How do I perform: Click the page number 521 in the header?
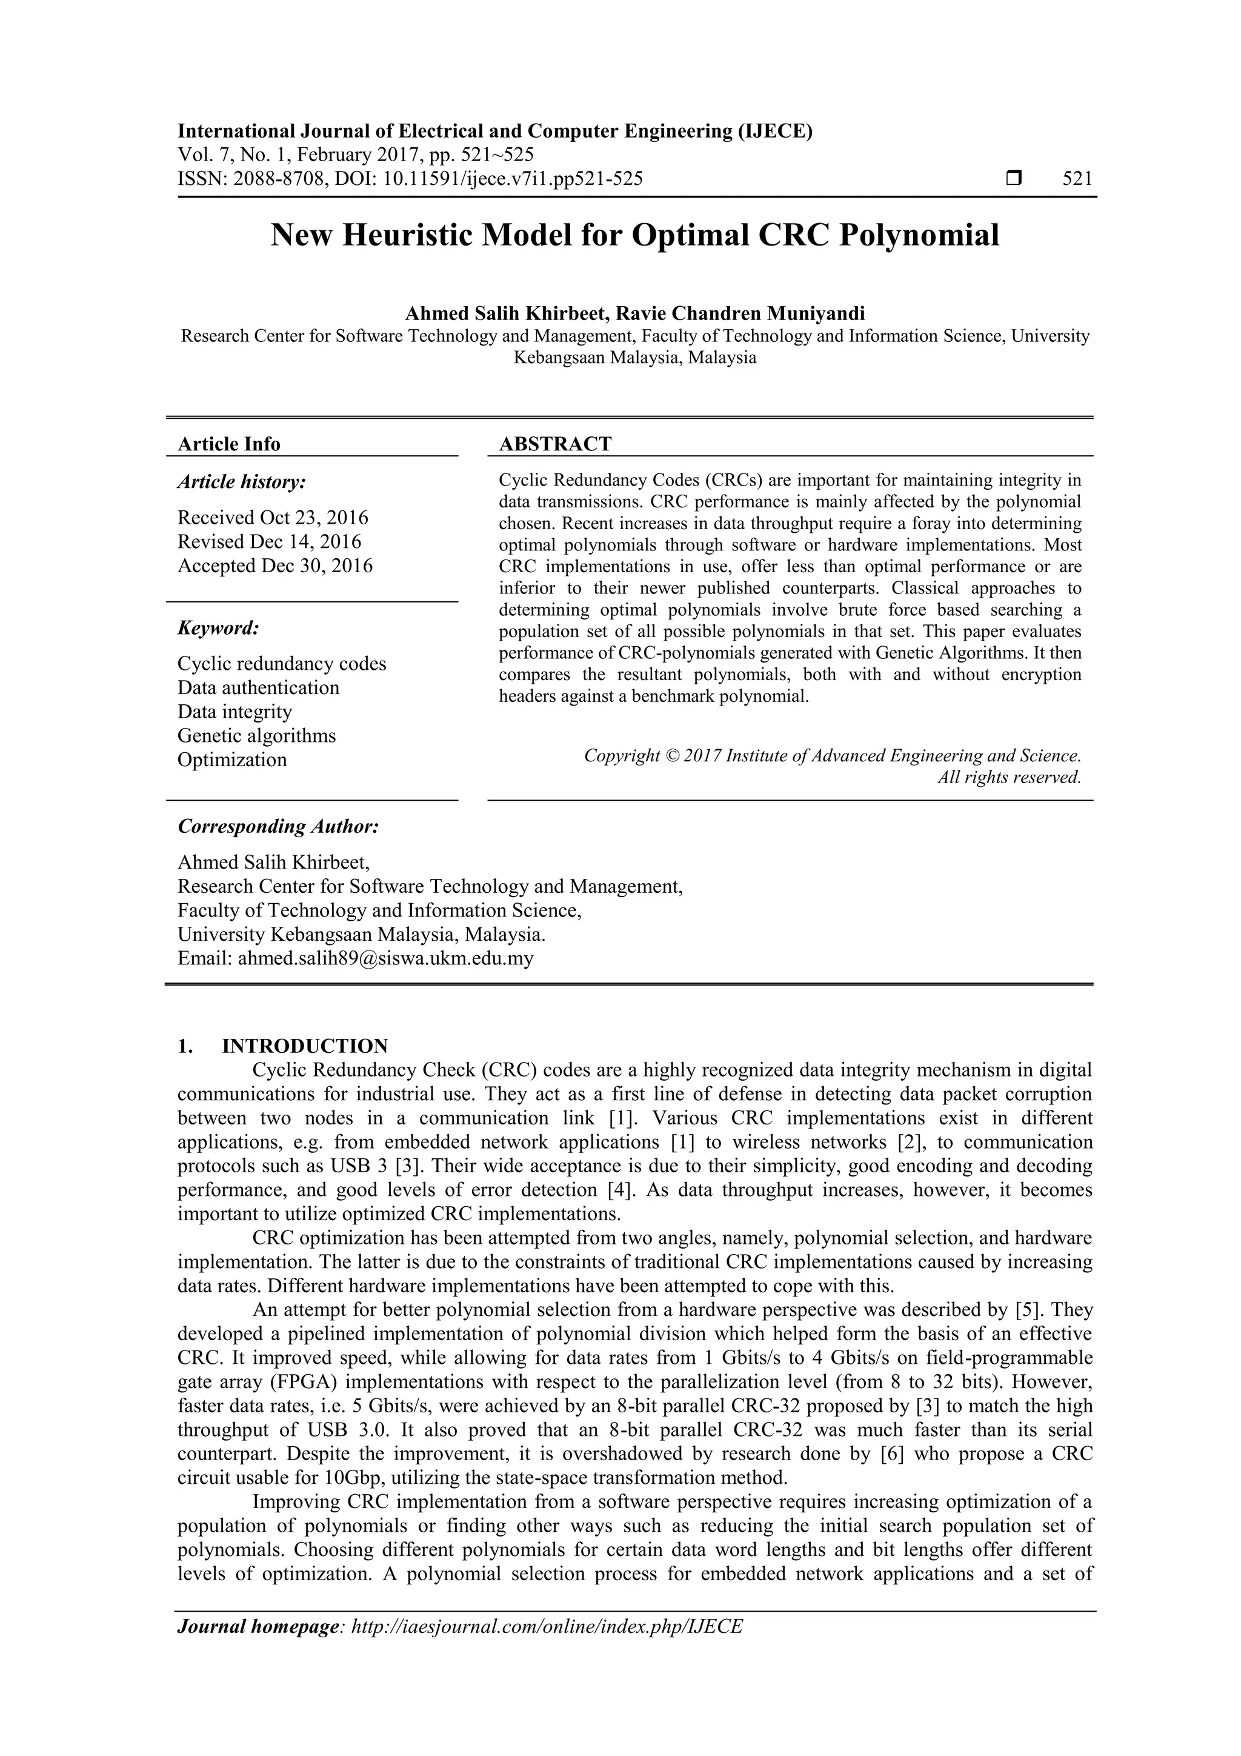pyautogui.click(x=1077, y=179)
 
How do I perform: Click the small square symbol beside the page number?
pyautogui.click(x=1014, y=179)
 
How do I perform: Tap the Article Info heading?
pyautogui.click(x=228, y=444)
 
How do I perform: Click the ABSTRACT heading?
pyautogui.click(x=555, y=444)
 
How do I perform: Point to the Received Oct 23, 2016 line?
pyautogui.click(x=273, y=518)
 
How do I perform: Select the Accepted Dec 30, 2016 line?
pyautogui.click(x=275, y=566)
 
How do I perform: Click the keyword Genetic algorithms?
pyautogui.click(x=256, y=736)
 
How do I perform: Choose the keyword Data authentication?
pyautogui.click(x=259, y=687)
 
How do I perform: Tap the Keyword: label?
pyautogui.click(x=218, y=629)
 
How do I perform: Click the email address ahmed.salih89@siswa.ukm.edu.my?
pyautogui.click(x=385, y=958)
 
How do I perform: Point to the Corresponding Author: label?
pyautogui.click(x=278, y=827)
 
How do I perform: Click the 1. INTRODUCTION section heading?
pyautogui.click(x=283, y=1046)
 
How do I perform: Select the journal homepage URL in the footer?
pyautogui.click(x=546, y=1627)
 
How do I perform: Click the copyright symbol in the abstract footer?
pyautogui.click(x=673, y=756)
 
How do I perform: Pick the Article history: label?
pyautogui.click(x=242, y=482)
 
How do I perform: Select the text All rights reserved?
pyautogui.click(x=1010, y=778)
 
